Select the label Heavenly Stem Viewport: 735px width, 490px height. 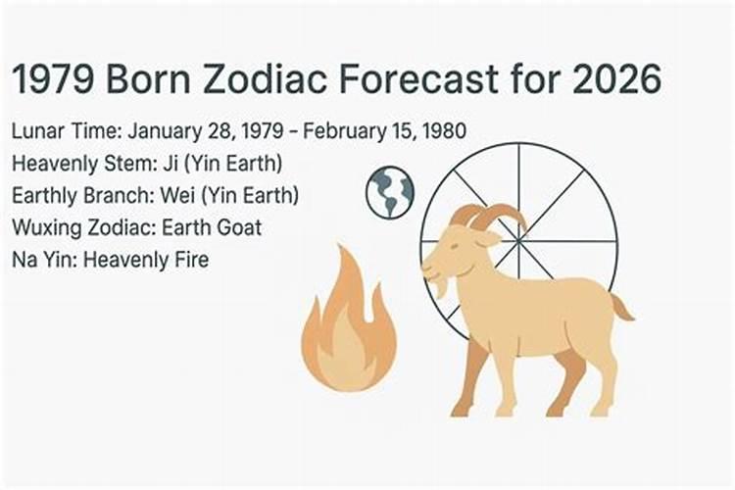(x=73, y=163)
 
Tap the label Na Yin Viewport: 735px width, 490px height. (x=38, y=260)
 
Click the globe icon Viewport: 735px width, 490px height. (x=390, y=192)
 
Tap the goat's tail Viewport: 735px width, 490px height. (x=620, y=308)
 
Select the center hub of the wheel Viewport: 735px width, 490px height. (x=519, y=241)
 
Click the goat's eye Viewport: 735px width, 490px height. (x=457, y=245)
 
